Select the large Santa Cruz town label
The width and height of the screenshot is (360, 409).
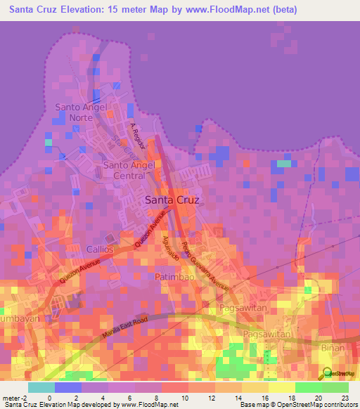pyautogui.click(x=172, y=200)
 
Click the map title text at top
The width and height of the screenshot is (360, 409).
pyautogui.click(x=153, y=10)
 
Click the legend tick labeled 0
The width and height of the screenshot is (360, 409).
pyautogui.click(x=49, y=397)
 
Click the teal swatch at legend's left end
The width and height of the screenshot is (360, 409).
pyautogui.click(x=41, y=387)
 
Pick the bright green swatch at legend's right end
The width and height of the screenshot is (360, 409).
pyautogui.click(x=335, y=387)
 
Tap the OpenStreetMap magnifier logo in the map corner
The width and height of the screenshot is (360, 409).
pyautogui.click(x=328, y=372)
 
